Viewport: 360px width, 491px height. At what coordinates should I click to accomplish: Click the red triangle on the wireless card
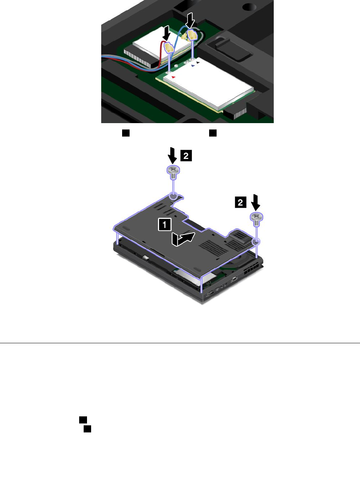[174, 77]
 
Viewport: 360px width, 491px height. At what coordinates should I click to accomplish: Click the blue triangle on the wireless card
[193, 66]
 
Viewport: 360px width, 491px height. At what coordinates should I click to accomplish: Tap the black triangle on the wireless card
[198, 62]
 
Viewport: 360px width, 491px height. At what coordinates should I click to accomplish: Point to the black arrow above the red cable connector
[167, 33]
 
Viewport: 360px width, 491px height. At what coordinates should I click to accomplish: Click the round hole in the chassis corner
[249, 7]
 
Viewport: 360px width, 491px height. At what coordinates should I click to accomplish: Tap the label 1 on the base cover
[165, 224]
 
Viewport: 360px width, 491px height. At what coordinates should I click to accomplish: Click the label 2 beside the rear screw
[186, 156]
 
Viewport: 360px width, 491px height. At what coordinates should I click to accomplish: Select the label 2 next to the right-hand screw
[240, 202]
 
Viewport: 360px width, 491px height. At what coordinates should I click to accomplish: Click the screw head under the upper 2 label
[174, 169]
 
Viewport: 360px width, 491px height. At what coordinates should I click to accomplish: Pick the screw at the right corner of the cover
[257, 217]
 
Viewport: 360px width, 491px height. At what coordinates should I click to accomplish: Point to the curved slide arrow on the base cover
[183, 239]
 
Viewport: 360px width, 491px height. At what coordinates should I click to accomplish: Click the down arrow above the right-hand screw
[255, 203]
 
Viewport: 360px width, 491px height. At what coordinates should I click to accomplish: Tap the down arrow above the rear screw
[173, 156]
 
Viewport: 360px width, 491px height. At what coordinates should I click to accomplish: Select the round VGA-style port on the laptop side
[234, 279]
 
